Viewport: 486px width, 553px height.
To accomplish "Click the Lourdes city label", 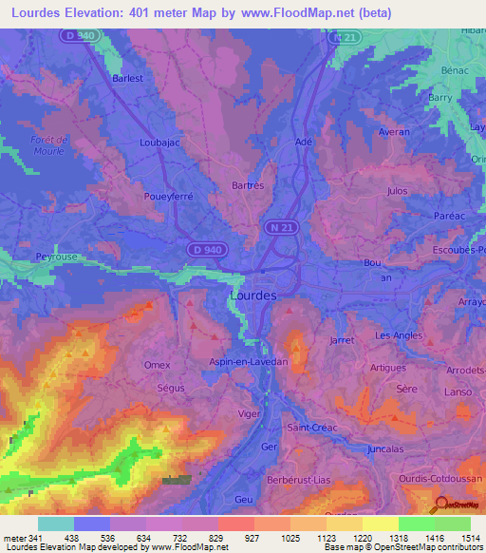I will pos(253,296).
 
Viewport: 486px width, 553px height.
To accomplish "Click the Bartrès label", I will pos(249,186).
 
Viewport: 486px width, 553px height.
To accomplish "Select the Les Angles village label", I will pos(398,335).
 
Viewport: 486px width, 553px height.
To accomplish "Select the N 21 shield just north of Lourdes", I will pos(276,228).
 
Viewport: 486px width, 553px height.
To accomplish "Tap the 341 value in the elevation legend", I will pos(36,538).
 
